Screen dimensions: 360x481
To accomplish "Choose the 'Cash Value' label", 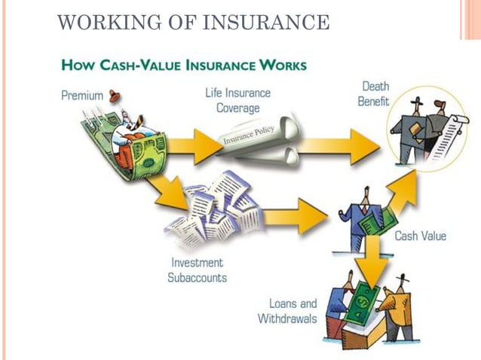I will (x=420, y=236).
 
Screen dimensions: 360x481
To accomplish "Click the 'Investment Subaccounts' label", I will (x=197, y=270).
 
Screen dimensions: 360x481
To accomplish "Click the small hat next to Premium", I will (x=115, y=96).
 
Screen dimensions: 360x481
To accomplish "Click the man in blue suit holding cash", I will (x=360, y=218).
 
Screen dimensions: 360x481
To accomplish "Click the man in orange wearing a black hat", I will (x=397, y=305).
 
